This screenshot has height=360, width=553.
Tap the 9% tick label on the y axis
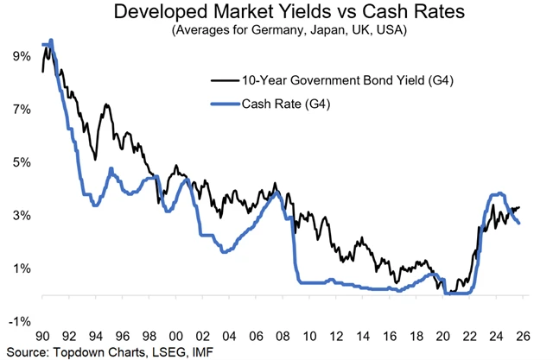pos(22,56)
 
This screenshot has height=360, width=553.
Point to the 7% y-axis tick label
pos(22,110)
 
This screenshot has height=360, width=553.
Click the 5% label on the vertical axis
pos(22,162)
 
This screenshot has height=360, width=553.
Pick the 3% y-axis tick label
pos(22,215)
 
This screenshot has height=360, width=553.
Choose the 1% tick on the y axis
pos(22,268)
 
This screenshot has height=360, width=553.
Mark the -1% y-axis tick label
pos(19,321)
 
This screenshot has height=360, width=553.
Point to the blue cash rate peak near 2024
pos(499,194)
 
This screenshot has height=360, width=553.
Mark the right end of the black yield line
pos(518,207)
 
